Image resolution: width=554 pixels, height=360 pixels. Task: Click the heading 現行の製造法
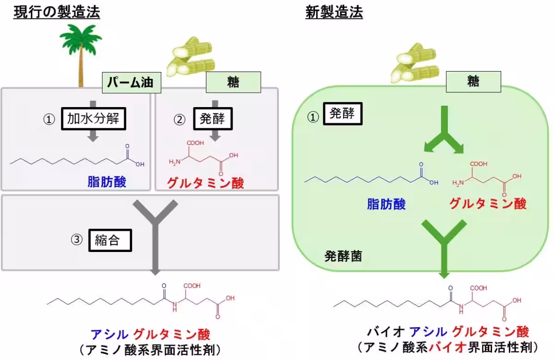(x=56, y=12)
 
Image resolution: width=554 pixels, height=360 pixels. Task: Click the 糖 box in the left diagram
(x=233, y=83)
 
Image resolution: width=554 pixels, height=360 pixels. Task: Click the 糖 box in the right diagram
(x=473, y=82)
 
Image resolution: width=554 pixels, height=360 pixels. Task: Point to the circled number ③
(x=77, y=240)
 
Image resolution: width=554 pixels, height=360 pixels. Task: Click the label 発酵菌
(x=343, y=257)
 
